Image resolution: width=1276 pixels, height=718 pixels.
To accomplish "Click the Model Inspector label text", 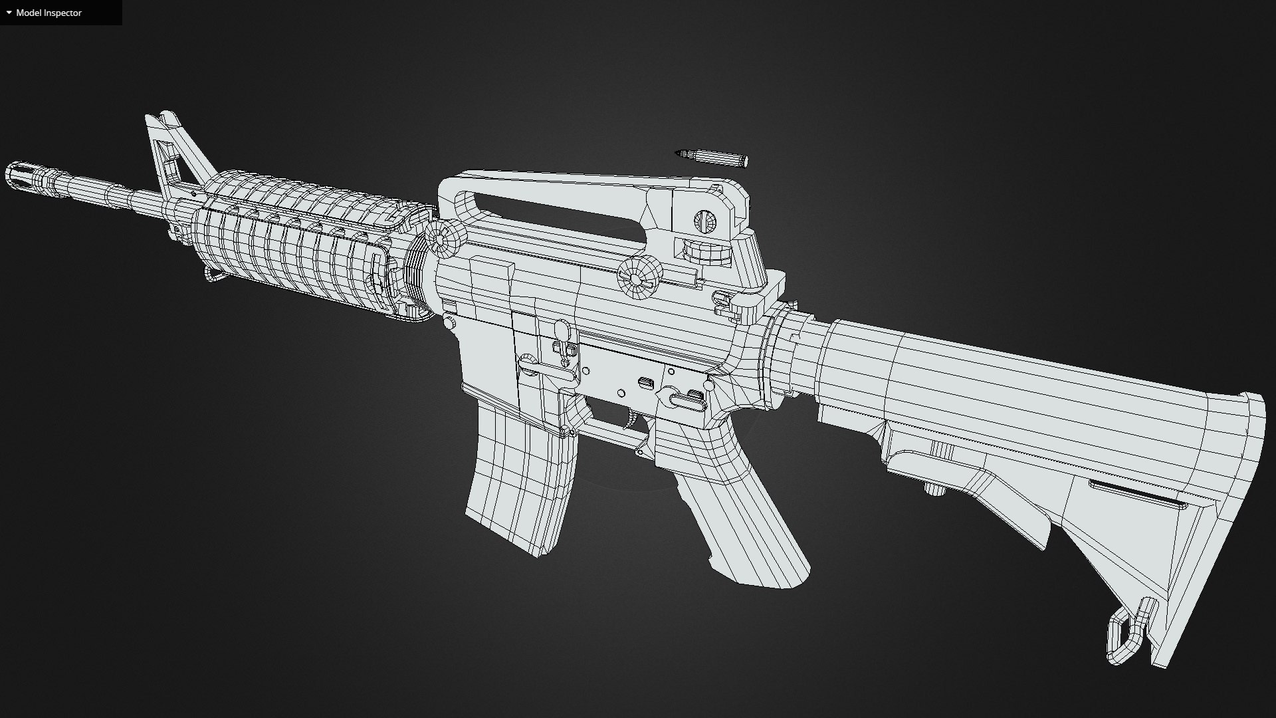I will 49,13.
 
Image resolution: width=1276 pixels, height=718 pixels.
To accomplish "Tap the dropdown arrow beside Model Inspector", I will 9,13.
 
